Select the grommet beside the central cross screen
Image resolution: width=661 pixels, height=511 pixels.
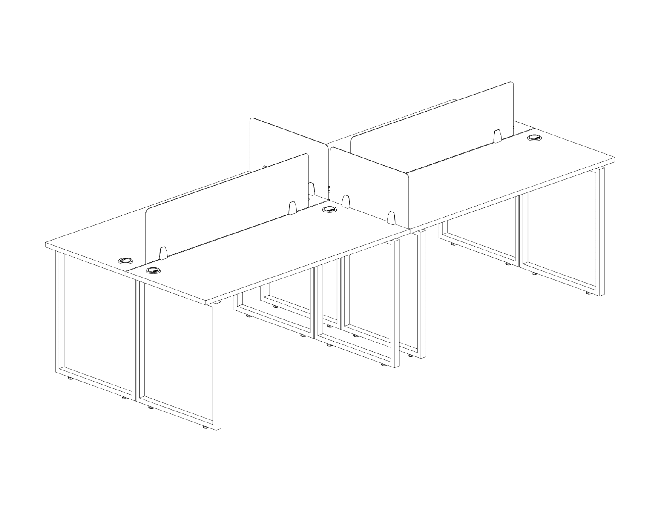pyautogui.click(x=329, y=209)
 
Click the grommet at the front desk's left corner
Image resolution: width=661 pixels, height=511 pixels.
pyautogui.click(x=152, y=270)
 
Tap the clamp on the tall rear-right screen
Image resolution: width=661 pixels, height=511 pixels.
pyautogui.click(x=497, y=136)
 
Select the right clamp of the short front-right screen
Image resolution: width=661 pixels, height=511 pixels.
pyautogui.click(x=390, y=218)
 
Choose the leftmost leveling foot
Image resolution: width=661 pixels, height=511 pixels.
pyautogui.click(x=70, y=379)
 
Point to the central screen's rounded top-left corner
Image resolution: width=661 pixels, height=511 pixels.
pyautogui.click(x=252, y=121)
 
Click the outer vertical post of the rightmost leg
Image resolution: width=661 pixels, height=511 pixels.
pyautogui.click(x=602, y=232)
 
